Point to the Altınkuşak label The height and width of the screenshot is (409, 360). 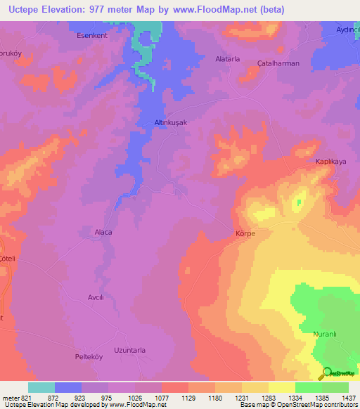point(171,122)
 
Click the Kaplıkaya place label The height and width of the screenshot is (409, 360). point(330,161)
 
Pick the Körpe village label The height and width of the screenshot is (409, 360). point(245,233)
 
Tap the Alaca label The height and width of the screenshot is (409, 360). point(103,232)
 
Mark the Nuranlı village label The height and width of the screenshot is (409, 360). point(326,335)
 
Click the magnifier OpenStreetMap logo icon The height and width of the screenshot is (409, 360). point(326,373)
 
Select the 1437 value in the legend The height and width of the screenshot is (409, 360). point(349,398)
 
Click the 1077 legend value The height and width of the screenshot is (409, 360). point(162,398)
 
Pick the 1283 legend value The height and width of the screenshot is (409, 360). point(269,398)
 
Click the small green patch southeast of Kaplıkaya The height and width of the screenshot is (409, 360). point(298,203)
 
